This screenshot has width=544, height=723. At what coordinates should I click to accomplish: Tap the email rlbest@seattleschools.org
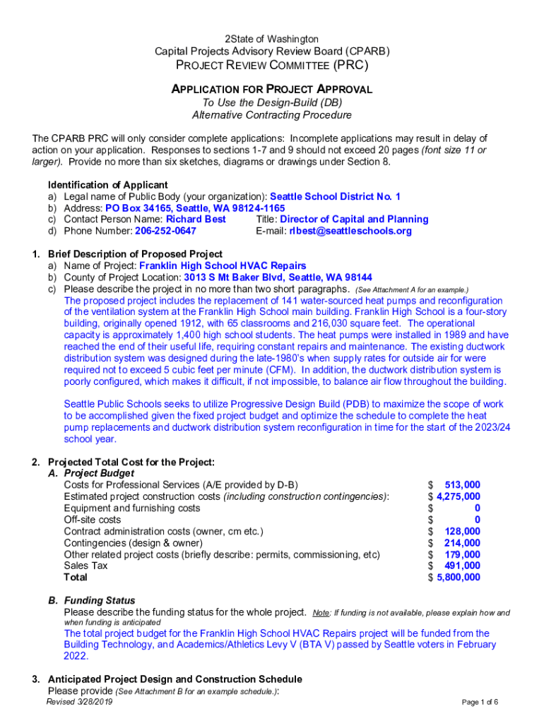[350, 231]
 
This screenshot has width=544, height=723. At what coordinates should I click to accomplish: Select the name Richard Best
[196, 220]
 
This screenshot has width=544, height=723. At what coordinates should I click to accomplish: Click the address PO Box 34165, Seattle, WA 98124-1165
[195, 208]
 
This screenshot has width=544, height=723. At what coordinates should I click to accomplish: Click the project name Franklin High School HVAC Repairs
[223, 266]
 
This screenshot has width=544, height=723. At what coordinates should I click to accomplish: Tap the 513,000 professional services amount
[462, 485]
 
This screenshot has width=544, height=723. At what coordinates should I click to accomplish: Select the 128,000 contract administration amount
[462, 532]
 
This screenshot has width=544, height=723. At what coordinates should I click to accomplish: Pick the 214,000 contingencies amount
[462, 543]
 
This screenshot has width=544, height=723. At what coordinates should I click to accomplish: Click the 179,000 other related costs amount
[462, 554]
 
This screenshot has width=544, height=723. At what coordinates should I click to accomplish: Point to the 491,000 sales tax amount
[462, 566]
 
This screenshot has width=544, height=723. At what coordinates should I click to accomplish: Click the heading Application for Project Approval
[272, 90]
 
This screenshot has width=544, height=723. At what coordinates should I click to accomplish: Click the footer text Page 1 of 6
[480, 703]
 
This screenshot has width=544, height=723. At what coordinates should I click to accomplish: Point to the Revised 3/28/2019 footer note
[79, 702]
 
